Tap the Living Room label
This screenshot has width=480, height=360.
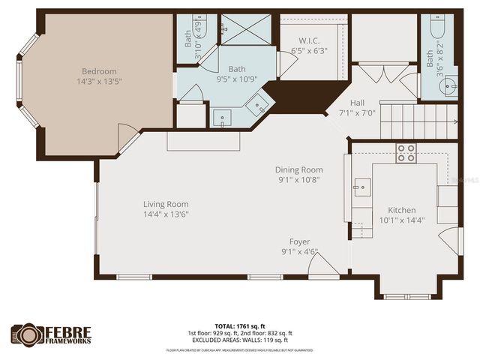click(166, 204)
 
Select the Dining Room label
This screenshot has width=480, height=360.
click(298, 169)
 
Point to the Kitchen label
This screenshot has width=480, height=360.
click(401, 210)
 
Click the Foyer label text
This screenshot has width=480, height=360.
click(300, 241)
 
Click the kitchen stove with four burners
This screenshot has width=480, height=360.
click(406, 153)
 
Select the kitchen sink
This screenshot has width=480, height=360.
click(361, 185)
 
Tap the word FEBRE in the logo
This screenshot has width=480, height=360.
click(70, 331)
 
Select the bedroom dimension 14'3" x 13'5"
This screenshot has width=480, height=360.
click(101, 82)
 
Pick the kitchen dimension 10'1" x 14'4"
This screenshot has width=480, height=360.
click(403, 220)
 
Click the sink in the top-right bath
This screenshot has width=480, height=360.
click(451, 88)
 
